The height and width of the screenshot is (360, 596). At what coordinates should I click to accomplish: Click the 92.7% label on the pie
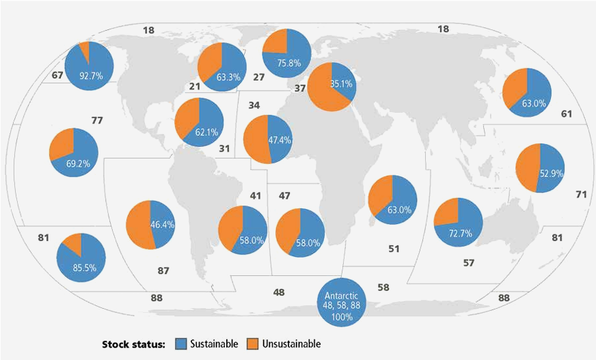[91, 76]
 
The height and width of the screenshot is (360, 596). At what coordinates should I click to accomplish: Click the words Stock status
[134, 344]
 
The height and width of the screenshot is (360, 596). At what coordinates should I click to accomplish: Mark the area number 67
[57, 74]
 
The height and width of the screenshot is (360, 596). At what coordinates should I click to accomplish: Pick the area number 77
[96, 120]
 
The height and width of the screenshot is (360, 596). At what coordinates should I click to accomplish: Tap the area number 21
[194, 86]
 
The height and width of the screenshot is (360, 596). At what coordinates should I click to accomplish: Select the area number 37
[299, 88]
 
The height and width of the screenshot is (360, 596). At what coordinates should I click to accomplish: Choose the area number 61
[566, 113]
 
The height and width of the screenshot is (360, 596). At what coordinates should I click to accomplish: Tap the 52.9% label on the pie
[550, 174]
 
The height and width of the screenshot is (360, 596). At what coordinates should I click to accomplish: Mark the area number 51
[394, 249]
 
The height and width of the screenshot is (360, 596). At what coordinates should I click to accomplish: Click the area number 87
[163, 271]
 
